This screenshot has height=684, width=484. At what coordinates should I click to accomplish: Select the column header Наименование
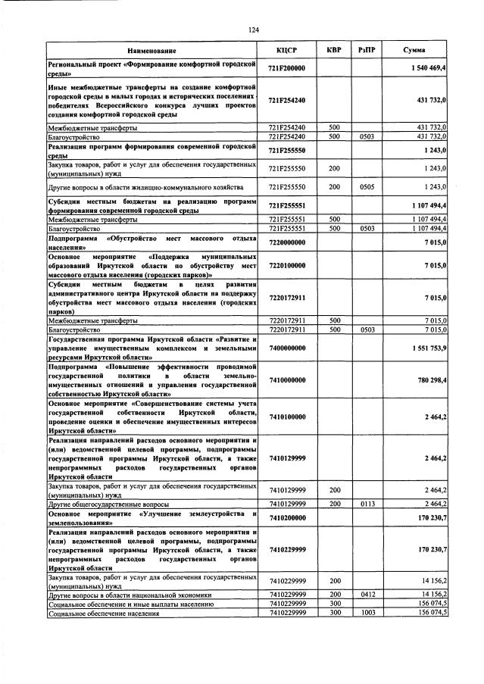click(x=151, y=51)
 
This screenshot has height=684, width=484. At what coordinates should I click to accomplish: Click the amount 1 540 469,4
click(x=427, y=69)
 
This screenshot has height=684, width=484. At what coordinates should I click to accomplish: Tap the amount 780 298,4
click(x=432, y=379)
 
